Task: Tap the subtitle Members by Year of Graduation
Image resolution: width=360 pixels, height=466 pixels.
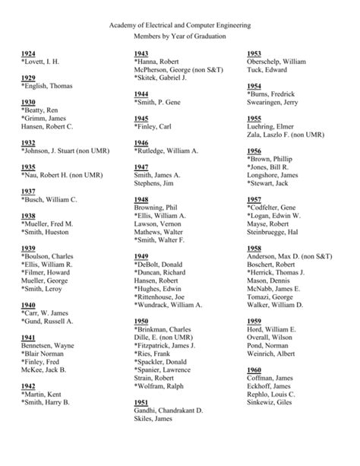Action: pos(179,40)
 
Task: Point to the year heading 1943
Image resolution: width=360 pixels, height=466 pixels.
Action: pos(141,53)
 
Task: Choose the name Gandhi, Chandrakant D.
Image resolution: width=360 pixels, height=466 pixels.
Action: pos(168,411)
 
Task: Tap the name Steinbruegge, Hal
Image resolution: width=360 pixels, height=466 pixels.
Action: pos(273,232)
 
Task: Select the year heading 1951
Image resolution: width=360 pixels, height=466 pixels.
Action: pos(141,402)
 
